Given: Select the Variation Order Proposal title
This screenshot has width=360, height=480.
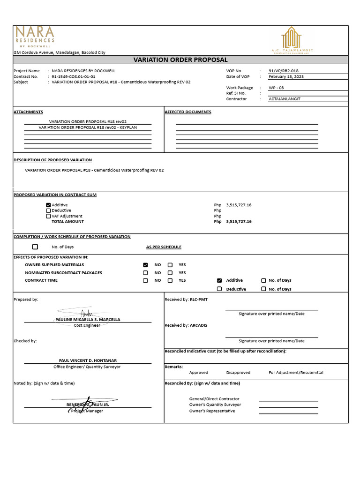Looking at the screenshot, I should tap(180, 60).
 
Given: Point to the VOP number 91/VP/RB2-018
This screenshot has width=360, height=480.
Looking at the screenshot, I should tap(283, 71).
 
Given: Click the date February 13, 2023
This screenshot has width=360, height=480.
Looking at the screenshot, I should tap(286, 76).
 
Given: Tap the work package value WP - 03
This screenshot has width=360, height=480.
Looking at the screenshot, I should tap(276, 88).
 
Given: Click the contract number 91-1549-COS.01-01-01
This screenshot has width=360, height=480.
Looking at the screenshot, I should tap(73, 76).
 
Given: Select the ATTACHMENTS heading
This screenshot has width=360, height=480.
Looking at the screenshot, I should tap(28, 112).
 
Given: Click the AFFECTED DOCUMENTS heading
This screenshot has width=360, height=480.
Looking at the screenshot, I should tap(188, 112).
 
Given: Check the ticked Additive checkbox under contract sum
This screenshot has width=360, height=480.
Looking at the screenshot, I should tap(48, 205).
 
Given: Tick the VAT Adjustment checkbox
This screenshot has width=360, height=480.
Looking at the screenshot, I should tap(48, 216).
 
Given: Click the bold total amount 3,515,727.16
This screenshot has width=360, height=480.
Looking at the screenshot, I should tap(239, 222).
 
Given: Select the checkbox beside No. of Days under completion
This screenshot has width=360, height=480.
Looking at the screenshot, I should tap(35, 247).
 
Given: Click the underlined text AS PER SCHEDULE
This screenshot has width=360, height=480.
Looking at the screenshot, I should tap(164, 247).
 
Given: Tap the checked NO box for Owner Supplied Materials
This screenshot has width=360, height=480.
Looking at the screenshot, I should tap(145, 265).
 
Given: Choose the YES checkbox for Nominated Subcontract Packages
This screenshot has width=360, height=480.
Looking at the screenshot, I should tap(170, 273).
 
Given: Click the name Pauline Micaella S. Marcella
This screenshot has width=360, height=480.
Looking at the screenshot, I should tap(88, 319).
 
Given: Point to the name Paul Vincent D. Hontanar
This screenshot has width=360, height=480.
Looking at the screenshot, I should tap(88, 360).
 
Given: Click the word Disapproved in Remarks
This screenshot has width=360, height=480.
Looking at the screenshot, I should tap(238, 373).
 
